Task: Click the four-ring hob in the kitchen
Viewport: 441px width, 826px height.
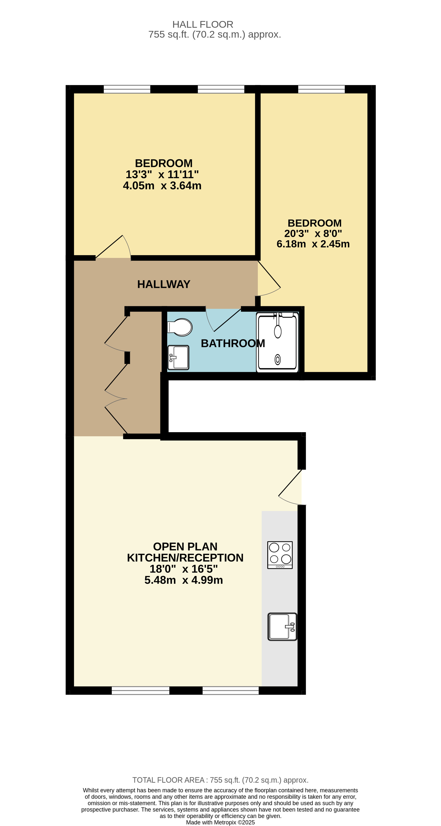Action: tap(280, 555)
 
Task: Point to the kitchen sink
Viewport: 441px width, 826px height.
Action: tap(282, 627)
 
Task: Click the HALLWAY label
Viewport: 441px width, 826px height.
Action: tap(164, 284)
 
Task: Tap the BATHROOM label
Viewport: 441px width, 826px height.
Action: tap(233, 344)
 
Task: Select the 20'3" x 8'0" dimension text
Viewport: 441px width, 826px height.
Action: tap(313, 233)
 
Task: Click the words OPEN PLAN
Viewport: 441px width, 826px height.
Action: tap(185, 546)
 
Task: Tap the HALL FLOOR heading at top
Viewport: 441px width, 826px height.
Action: tap(203, 24)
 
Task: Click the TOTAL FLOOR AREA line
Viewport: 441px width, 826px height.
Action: tap(220, 780)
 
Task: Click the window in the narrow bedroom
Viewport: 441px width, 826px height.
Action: tap(321, 89)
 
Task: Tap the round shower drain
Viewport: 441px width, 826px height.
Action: tap(278, 359)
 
